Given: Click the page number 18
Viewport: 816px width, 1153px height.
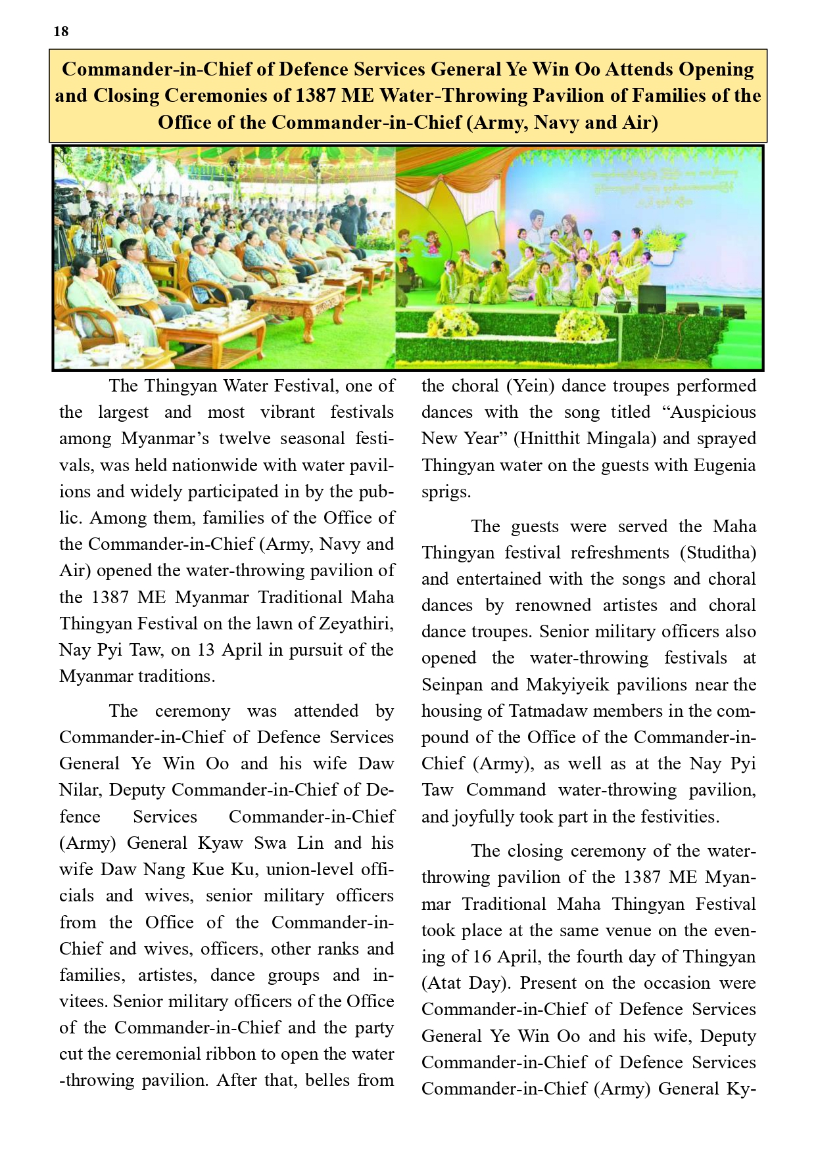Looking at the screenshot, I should pyautogui.click(x=61, y=32).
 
